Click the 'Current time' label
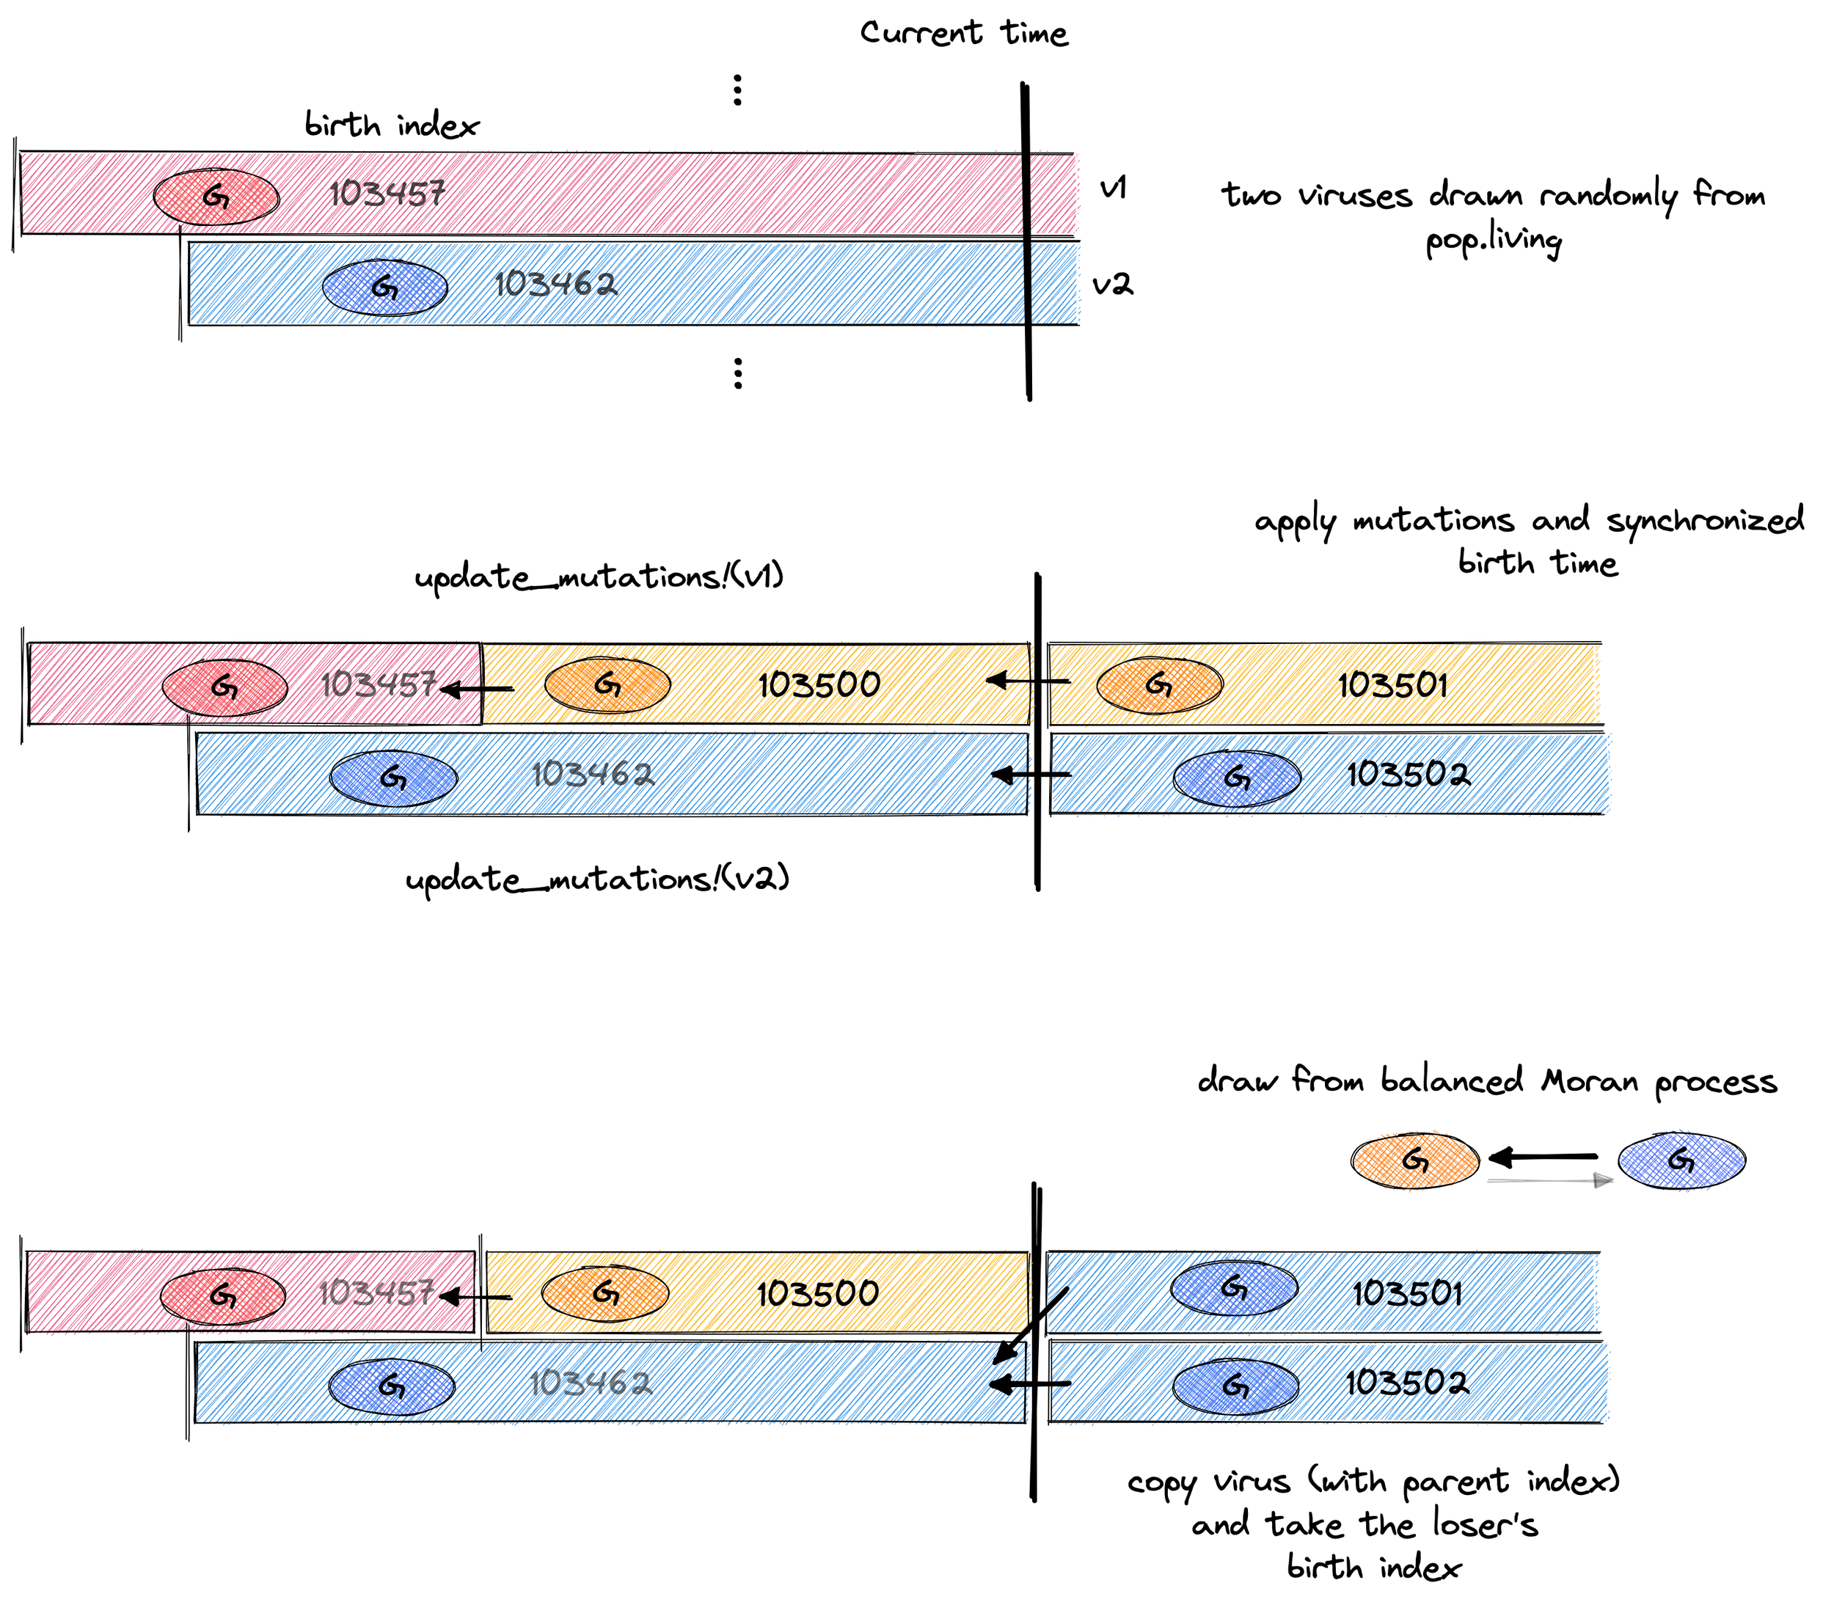point(963,33)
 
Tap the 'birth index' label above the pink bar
point(391,125)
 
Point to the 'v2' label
point(1112,285)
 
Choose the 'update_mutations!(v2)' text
point(597,879)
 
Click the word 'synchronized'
point(1704,520)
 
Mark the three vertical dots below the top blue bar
point(738,373)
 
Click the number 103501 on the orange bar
point(1392,686)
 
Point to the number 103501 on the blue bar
point(1406,1294)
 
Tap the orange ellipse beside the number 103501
point(1159,686)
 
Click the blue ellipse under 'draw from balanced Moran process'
point(1681,1160)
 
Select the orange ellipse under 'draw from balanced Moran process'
point(1414,1160)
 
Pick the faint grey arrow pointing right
point(1549,1181)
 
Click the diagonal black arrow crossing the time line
point(1030,1327)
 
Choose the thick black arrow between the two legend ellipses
point(1543,1157)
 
